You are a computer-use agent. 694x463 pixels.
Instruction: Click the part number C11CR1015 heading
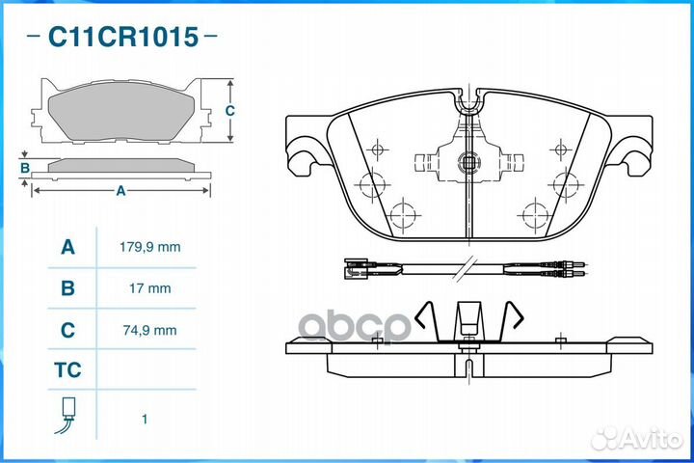(x=123, y=37)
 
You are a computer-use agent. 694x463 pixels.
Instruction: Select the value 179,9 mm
(x=150, y=247)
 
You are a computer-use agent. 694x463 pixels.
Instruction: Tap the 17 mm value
(x=150, y=288)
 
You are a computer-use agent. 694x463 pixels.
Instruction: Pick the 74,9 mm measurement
(x=150, y=330)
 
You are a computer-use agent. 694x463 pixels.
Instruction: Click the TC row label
(x=67, y=370)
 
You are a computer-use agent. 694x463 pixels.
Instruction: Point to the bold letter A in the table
(x=67, y=247)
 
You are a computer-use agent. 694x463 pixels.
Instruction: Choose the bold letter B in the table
(x=67, y=288)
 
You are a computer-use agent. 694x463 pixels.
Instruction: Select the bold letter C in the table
(x=67, y=330)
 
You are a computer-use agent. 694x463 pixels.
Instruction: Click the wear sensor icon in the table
(x=67, y=415)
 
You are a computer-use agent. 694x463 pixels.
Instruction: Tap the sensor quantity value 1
(x=145, y=419)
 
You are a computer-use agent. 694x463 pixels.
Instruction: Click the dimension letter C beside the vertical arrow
(x=229, y=110)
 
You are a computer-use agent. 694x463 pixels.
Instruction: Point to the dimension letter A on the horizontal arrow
(x=120, y=191)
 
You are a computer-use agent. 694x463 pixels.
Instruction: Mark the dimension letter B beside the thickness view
(x=25, y=168)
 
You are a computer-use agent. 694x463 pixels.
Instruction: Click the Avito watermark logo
(x=636, y=438)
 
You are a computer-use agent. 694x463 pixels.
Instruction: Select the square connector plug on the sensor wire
(x=356, y=268)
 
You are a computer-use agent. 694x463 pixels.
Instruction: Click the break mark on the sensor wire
(x=466, y=267)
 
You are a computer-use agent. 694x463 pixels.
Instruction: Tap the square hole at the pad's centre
(x=468, y=163)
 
